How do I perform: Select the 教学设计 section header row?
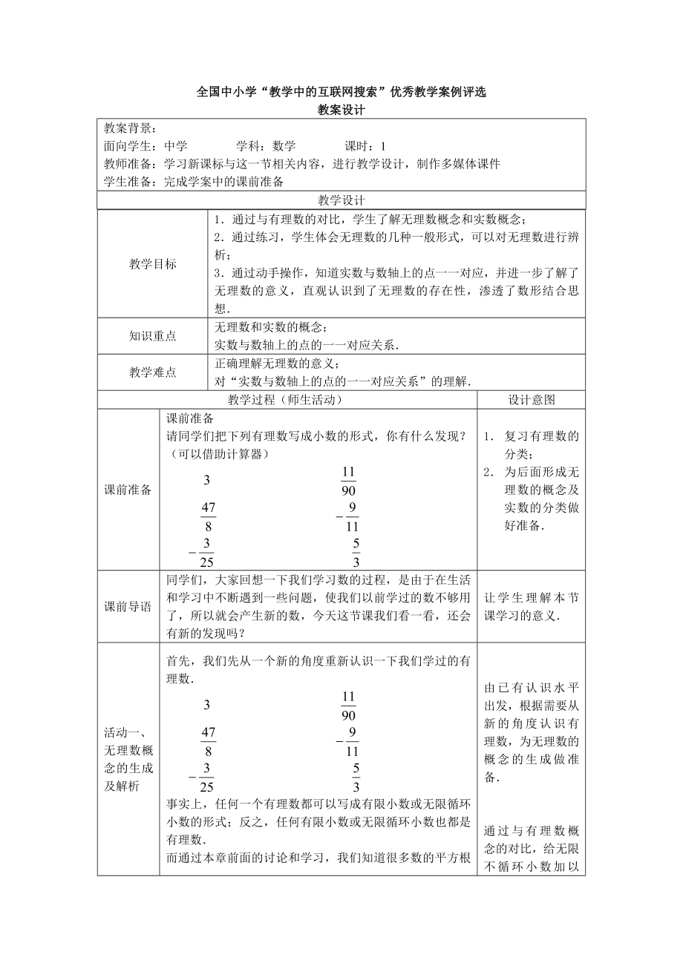[341, 200]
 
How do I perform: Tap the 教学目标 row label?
[153, 264]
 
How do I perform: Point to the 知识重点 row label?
[153, 335]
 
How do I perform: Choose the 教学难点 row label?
[153, 372]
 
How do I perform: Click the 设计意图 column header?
[531, 399]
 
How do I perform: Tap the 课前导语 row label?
[128, 607]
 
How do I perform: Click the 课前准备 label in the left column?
[128, 490]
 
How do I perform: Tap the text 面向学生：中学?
[146, 146]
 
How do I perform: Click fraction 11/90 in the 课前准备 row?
[349, 482]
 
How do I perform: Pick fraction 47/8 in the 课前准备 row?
[208, 516]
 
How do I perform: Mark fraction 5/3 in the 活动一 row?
[356, 778]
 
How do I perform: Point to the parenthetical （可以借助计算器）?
[215, 455]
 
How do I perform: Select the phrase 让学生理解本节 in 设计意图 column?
[531, 598]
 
